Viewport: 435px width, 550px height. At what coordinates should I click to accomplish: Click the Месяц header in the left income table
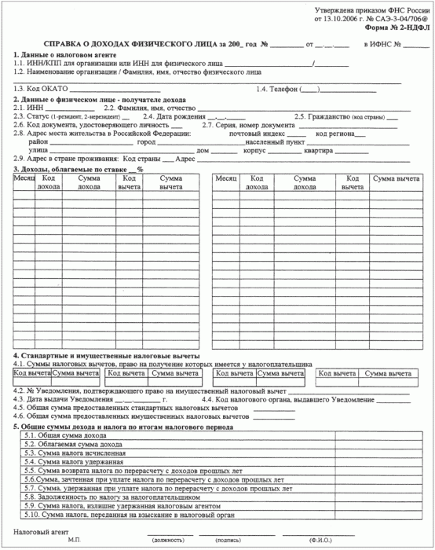click(x=24, y=178)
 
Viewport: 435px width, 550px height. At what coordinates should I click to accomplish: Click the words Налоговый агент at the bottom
click(x=35, y=533)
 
